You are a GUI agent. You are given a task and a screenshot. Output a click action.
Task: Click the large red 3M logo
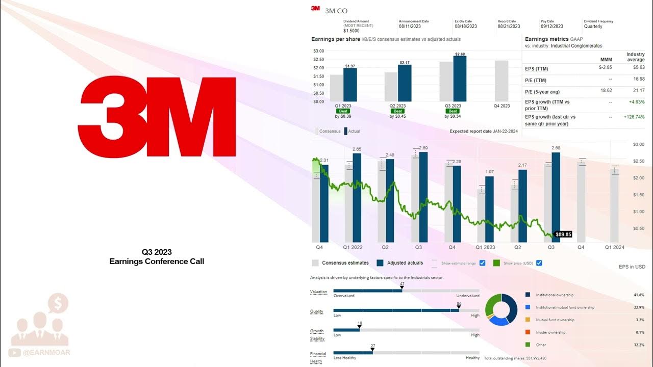point(157,117)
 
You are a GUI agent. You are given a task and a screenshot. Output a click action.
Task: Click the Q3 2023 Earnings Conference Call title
point(157,257)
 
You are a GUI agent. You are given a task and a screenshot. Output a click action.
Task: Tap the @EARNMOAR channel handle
point(46,352)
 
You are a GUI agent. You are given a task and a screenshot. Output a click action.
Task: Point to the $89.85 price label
point(563,234)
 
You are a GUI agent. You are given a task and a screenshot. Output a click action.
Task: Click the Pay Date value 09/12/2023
point(552,26)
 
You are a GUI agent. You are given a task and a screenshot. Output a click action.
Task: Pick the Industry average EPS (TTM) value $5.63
point(638,67)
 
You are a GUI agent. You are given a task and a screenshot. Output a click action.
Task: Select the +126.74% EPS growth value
point(634,117)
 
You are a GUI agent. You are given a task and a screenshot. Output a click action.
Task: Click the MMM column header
point(606,60)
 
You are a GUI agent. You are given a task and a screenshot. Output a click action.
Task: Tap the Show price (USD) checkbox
point(539,263)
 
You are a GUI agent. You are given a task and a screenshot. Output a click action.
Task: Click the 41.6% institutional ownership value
point(638,295)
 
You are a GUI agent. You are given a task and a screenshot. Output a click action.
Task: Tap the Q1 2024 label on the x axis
point(614,247)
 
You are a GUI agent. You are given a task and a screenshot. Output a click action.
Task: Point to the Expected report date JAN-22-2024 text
point(484,132)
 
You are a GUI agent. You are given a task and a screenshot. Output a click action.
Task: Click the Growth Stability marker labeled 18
point(360,327)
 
